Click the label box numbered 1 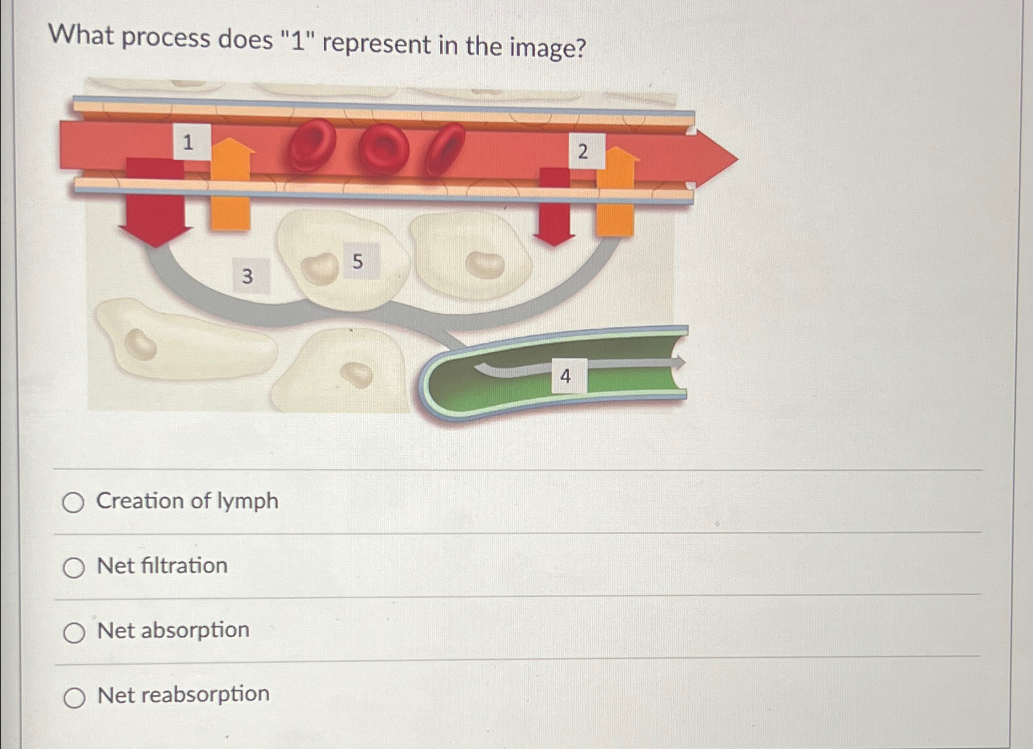pyautogui.click(x=188, y=142)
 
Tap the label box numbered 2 pyautogui.click(x=583, y=151)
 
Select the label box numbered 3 pyautogui.click(x=248, y=276)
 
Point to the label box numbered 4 pyautogui.click(x=565, y=375)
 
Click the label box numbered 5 pyautogui.click(x=358, y=261)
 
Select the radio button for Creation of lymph pyautogui.click(x=73, y=502)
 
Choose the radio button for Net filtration pyautogui.click(x=74, y=567)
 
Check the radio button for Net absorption pyautogui.click(x=74, y=632)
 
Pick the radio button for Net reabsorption pyautogui.click(x=75, y=697)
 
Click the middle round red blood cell pyautogui.click(x=383, y=148)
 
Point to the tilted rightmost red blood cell pyautogui.click(x=445, y=148)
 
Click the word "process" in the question pyautogui.click(x=166, y=38)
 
